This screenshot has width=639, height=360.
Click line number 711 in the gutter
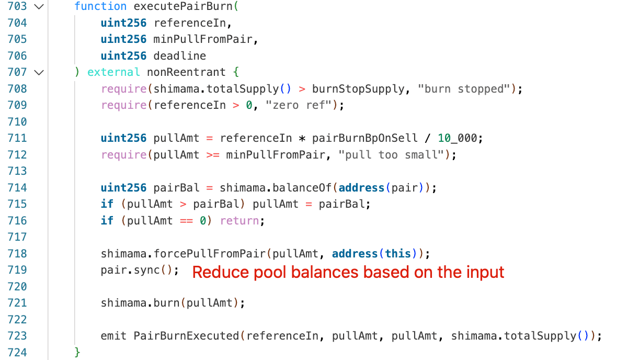point(17,138)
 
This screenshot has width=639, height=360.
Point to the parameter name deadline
point(179,56)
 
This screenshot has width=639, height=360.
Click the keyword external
point(113,72)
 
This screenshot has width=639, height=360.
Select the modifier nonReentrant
point(186,72)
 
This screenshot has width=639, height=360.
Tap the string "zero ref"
point(299,105)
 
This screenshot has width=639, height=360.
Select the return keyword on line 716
point(239,221)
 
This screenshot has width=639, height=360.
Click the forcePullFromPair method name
point(209,254)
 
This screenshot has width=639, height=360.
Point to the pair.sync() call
point(140,271)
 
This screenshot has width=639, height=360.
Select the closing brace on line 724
point(78,352)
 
